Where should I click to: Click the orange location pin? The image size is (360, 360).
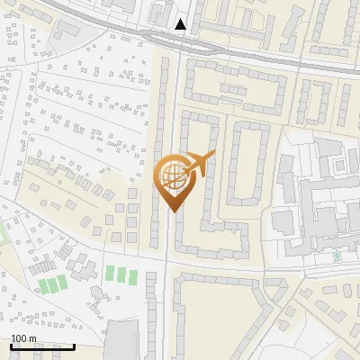(x=173, y=179)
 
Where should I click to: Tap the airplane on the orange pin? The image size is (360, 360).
(x=200, y=162)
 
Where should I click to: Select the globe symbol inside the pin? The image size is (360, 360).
(x=171, y=173)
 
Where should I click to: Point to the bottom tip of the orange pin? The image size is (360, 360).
(x=173, y=211)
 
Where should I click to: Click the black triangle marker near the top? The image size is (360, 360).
(x=181, y=24)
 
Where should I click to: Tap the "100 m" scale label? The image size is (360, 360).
(x=23, y=339)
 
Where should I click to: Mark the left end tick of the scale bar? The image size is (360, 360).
(x=12, y=346)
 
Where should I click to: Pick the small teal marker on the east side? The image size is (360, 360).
(x=337, y=256)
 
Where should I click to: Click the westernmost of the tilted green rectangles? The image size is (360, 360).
(x=42, y=287)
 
